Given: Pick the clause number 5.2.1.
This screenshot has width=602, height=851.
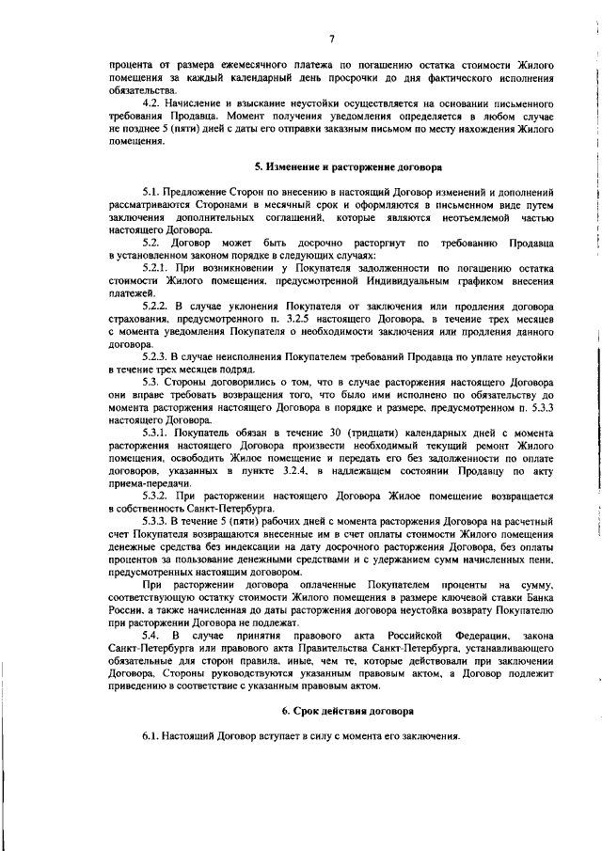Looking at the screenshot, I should click(153, 269).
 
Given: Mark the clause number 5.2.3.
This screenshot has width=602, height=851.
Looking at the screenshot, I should click(153, 356).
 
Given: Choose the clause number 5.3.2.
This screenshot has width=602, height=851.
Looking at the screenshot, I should click(153, 495).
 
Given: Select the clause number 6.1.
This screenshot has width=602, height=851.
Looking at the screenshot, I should click(150, 734).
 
